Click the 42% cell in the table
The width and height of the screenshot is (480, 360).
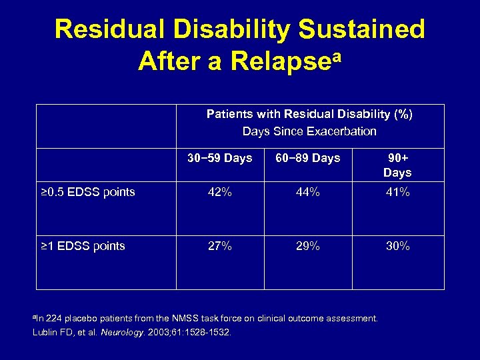tap(220, 193)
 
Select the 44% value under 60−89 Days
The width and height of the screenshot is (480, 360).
tap(308, 193)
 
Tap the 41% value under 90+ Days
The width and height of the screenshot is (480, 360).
tap(397, 193)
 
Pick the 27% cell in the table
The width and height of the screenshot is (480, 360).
tap(220, 246)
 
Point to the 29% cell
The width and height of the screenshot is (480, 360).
tap(308, 246)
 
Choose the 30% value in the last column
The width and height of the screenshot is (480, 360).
tap(397, 246)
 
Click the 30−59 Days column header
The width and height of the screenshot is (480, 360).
tap(220, 158)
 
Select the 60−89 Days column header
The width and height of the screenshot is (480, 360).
tap(308, 158)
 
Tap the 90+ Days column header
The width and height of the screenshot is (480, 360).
tap(397, 165)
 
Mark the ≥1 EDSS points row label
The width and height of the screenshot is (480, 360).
tap(83, 246)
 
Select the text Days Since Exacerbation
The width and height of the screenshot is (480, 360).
tap(309, 131)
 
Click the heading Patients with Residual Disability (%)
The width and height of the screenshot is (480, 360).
tap(309, 114)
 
